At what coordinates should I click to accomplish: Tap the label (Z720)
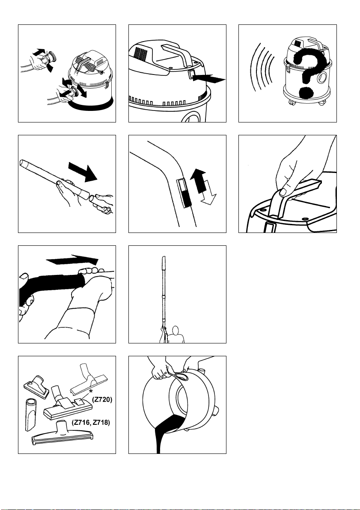pyautogui.click(x=102, y=400)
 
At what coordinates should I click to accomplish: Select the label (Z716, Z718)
pyautogui.click(x=91, y=423)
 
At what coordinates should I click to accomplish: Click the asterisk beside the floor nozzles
pyautogui.click(x=91, y=391)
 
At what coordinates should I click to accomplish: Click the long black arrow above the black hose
pyautogui.click(x=72, y=259)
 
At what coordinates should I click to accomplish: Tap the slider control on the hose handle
pyautogui.click(x=184, y=193)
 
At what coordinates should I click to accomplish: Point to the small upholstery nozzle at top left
pyautogui.click(x=36, y=384)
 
